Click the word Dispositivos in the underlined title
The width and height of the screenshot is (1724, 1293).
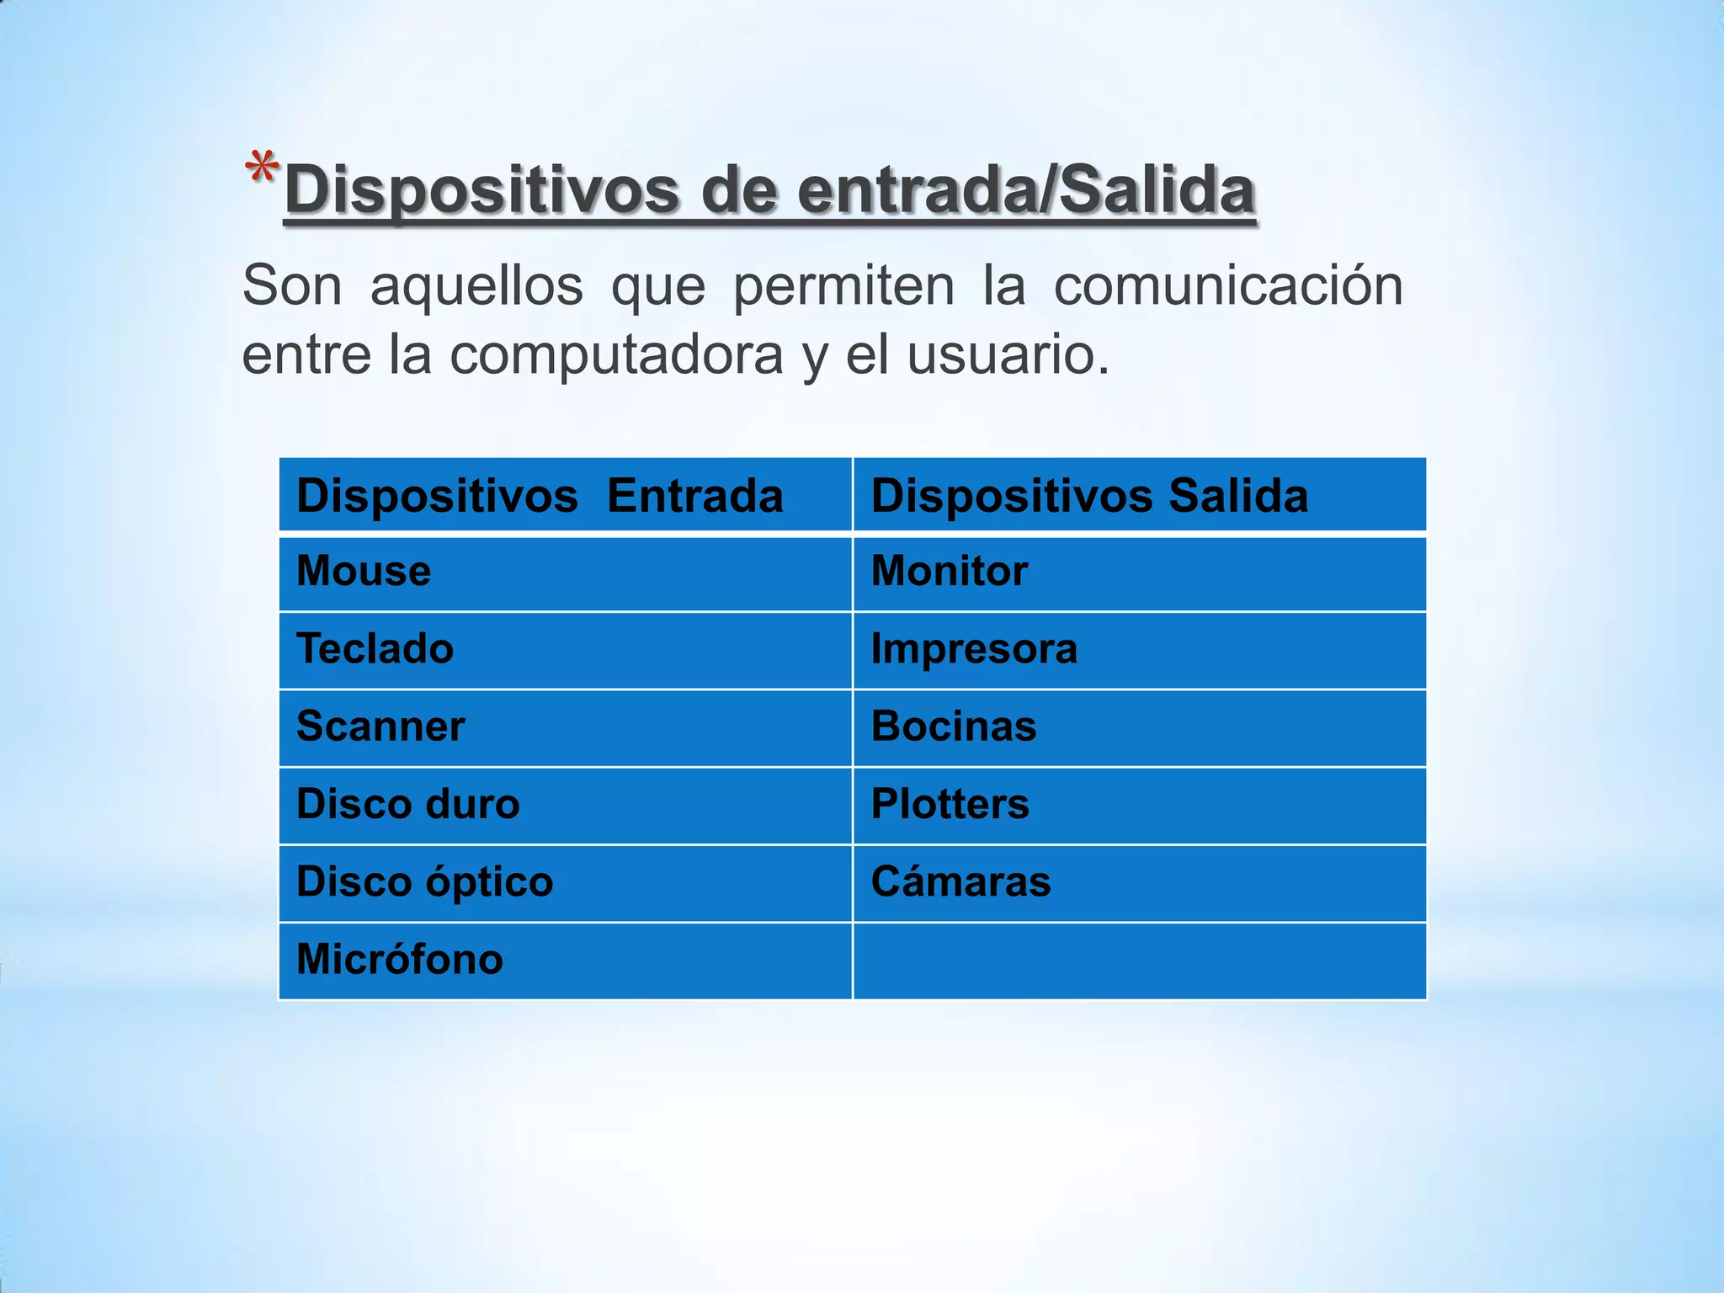(x=482, y=191)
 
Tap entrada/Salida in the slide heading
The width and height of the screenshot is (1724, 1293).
(x=1026, y=191)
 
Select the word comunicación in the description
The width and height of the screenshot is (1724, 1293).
(x=1228, y=286)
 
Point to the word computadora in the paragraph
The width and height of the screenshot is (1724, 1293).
(x=616, y=355)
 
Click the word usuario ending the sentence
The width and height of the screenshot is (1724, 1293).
(x=1007, y=355)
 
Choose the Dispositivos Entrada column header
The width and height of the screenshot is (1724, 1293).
(x=540, y=495)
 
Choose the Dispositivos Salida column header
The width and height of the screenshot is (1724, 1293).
(x=1089, y=495)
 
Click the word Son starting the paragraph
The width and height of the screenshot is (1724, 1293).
(x=292, y=286)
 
